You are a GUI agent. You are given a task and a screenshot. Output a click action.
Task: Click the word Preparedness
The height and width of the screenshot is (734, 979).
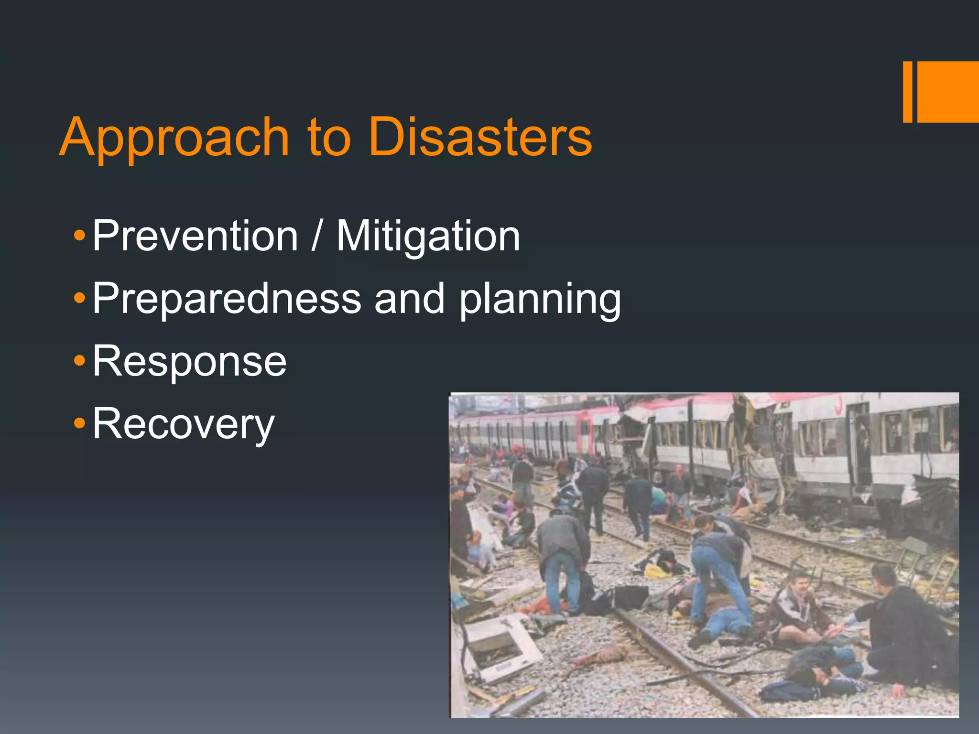(227, 298)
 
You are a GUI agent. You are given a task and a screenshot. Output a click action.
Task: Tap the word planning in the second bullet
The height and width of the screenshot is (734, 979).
(540, 300)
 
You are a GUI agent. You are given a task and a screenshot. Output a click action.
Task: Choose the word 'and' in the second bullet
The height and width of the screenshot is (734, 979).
(409, 298)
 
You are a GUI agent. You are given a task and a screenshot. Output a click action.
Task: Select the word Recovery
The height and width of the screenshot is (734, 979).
(184, 424)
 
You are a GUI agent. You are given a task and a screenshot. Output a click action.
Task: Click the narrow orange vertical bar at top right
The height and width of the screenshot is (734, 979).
(907, 92)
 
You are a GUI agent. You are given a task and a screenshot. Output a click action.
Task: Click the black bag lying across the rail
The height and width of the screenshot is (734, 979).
(630, 596)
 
